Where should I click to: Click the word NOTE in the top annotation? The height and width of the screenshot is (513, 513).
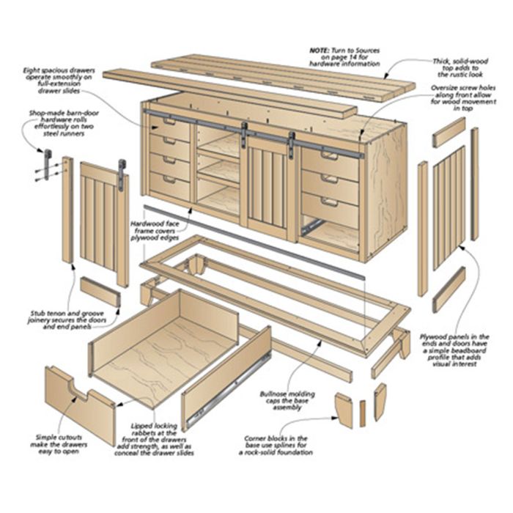321,51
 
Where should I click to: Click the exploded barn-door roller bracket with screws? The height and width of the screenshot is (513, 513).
48,165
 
